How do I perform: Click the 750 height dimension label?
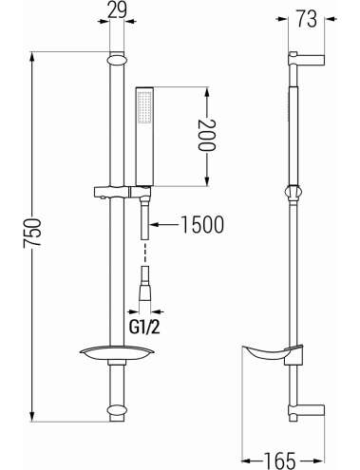tap(32, 232)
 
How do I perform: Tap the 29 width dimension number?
tap(117, 9)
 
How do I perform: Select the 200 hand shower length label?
tap(206, 135)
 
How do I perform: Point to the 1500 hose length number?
tap(202, 224)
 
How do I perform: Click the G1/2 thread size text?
tap(144, 328)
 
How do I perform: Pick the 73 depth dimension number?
tap(306, 19)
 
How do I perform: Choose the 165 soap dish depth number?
tap(280, 460)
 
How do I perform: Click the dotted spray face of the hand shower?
tap(144, 107)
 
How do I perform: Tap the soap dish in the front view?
tap(117, 354)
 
